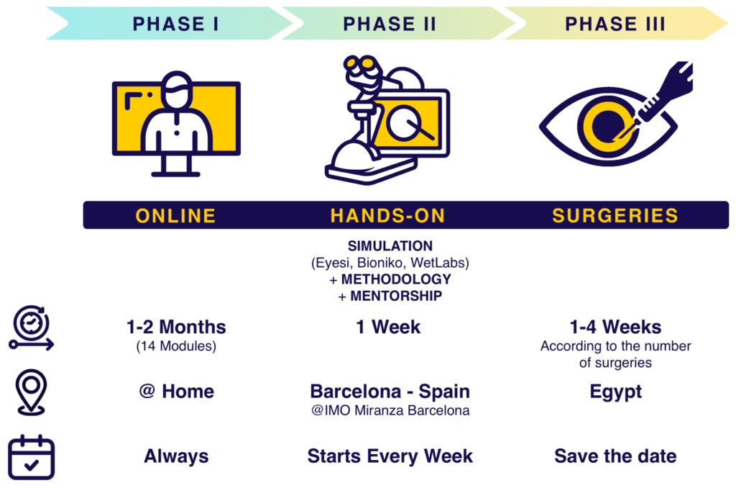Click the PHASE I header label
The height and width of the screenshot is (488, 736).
pyautogui.click(x=176, y=24)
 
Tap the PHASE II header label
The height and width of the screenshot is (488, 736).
pyautogui.click(x=390, y=24)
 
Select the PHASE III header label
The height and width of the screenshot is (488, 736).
pyautogui.click(x=615, y=24)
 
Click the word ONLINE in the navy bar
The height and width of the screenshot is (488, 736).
pyautogui.click(x=176, y=215)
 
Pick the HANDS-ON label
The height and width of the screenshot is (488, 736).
pyautogui.click(x=388, y=215)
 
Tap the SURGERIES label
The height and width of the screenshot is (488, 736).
pyautogui.click(x=615, y=215)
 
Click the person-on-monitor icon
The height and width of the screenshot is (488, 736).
pyautogui.click(x=176, y=122)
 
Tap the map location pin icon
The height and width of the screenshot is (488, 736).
pyautogui.click(x=31, y=392)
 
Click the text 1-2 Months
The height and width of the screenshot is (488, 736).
pyautogui.click(x=176, y=327)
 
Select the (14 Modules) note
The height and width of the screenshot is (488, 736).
pyautogui.click(x=176, y=347)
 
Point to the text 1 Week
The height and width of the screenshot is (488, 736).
pyautogui.click(x=388, y=327)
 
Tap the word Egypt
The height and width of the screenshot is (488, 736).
pyautogui.click(x=615, y=392)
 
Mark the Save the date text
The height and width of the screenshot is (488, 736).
pyautogui.click(x=615, y=456)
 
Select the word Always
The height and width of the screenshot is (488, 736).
pyautogui.click(x=176, y=456)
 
